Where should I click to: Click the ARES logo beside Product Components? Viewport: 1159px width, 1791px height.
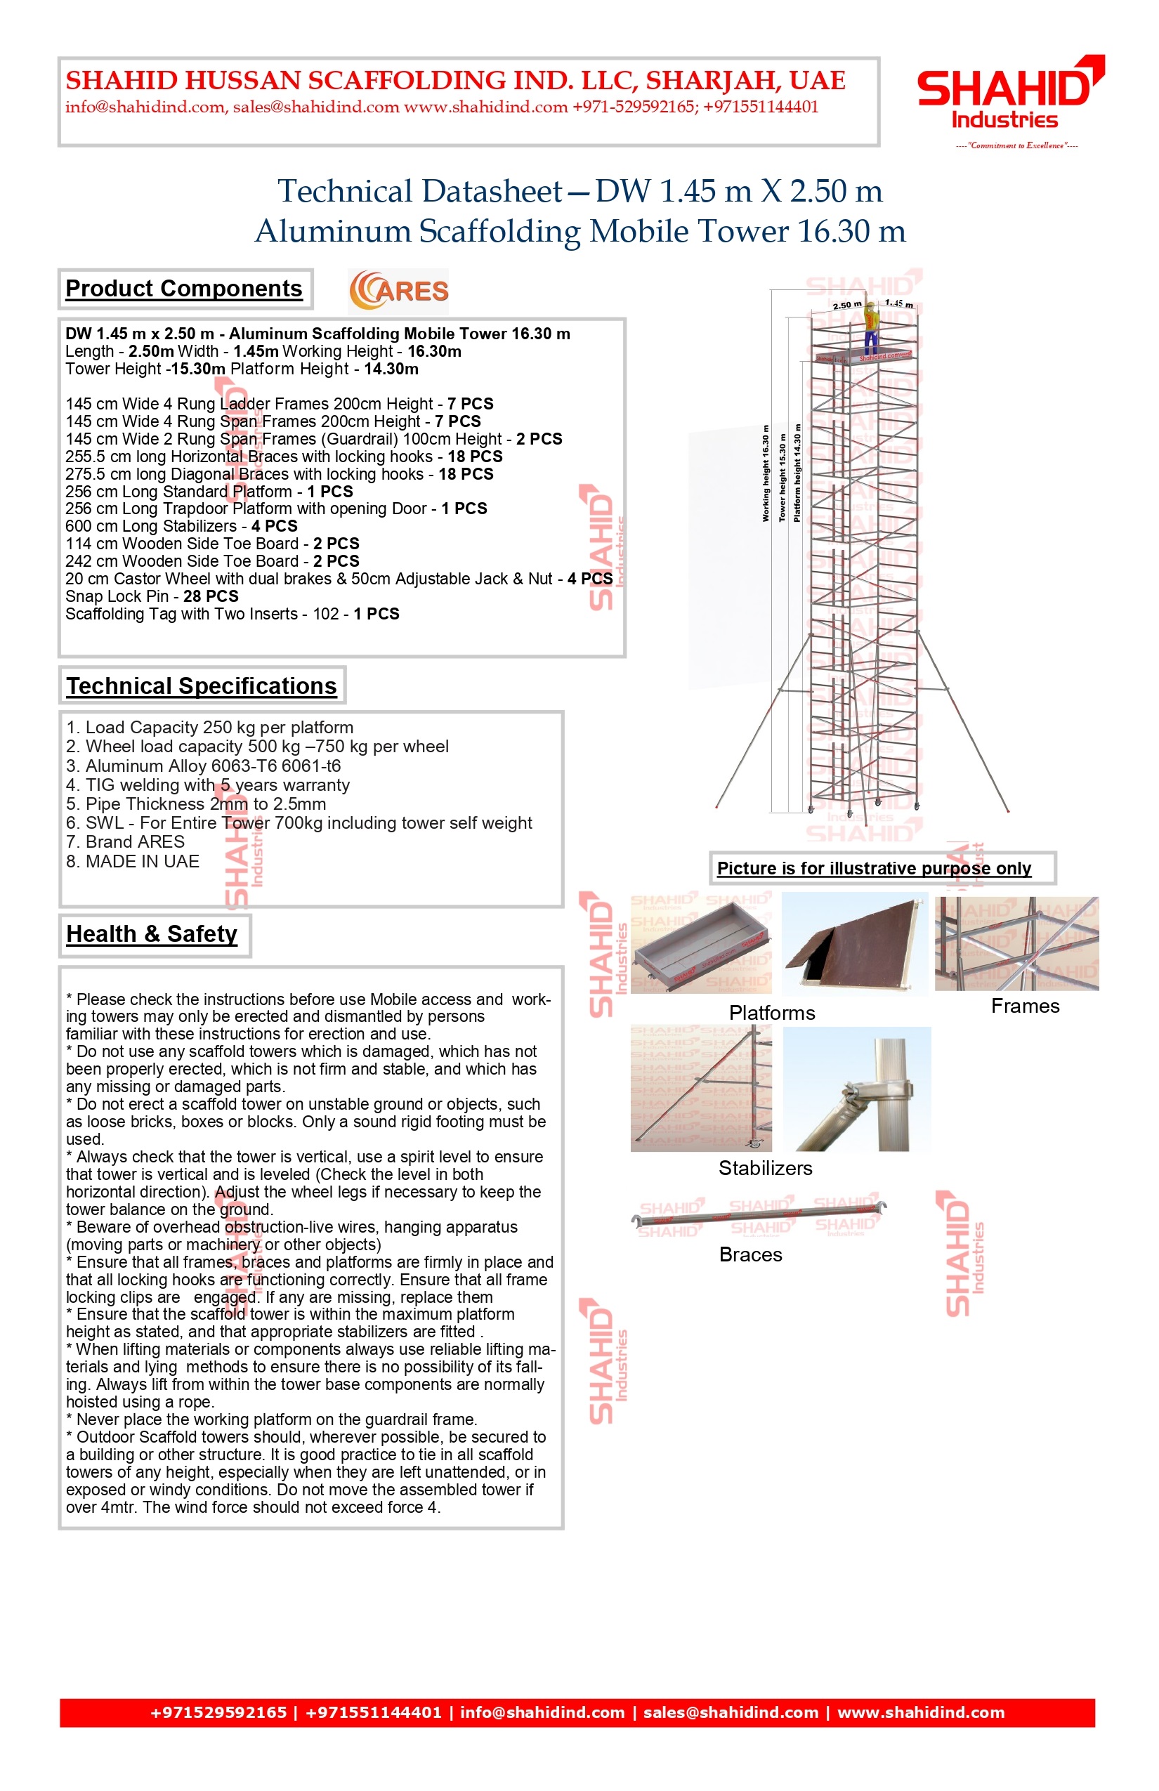pos(398,291)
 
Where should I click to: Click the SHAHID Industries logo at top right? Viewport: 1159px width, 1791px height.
pos(1009,98)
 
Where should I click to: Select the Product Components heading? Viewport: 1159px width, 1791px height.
pos(183,289)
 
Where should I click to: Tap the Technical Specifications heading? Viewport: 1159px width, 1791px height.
pos(201,686)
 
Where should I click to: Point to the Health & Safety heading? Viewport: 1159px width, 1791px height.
pos(151,934)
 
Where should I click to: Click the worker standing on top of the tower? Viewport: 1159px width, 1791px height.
pos(871,328)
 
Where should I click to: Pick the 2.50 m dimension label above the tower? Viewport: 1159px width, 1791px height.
pos(846,306)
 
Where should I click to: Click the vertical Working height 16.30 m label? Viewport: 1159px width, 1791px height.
pos(766,473)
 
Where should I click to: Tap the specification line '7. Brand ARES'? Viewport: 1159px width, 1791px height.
pos(125,842)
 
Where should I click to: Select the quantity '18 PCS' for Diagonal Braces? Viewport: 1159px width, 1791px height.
pos(466,474)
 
